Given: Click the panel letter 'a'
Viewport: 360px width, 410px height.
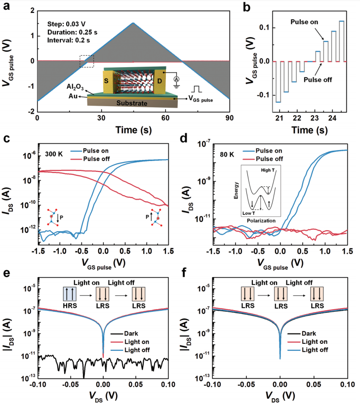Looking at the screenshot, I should click(6, 6).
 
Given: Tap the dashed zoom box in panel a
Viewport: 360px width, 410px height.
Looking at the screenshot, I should click(87, 60).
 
